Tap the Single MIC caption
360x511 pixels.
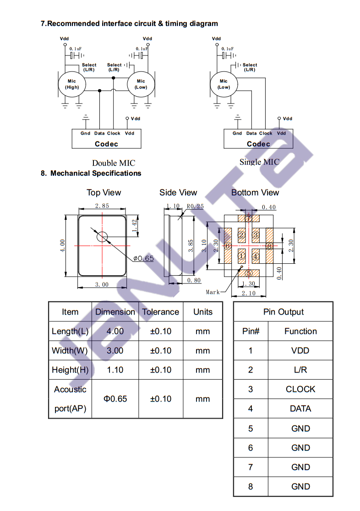[x=259, y=162]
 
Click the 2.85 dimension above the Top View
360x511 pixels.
[x=102, y=206]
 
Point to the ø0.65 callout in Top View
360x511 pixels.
[x=143, y=258]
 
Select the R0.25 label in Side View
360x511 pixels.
[x=195, y=207]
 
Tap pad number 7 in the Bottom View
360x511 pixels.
[x=249, y=218]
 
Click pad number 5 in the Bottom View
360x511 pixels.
[x=249, y=273]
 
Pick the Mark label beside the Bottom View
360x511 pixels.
[x=213, y=292]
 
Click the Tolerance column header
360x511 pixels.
[x=160, y=312]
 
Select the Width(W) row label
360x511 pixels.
[x=70, y=351]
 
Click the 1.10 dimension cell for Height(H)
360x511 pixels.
[x=115, y=370]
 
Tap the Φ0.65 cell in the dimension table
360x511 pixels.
[x=115, y=399]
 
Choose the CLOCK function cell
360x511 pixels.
[x=300, y=389]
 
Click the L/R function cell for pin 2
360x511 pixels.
[x=300, y=370]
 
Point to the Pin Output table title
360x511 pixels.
[x=284, y=312]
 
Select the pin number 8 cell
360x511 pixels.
[x=251, y=487]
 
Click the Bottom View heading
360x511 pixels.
[x=255, y=193]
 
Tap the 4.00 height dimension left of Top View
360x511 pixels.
[x=62, y=246]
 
